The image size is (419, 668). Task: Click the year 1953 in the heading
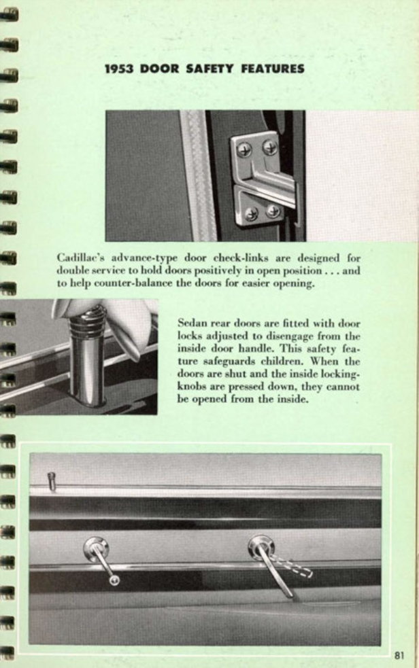[120, 69]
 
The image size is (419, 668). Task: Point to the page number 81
[399, 655]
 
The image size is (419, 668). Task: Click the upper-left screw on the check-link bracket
[244, 150]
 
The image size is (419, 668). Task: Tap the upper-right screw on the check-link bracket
[270, 147]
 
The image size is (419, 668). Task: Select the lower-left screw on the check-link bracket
[251, 214]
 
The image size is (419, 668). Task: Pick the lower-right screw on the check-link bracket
[273, 211]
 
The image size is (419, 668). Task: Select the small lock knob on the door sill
[52, 480]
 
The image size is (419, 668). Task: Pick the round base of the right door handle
[260, 546]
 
